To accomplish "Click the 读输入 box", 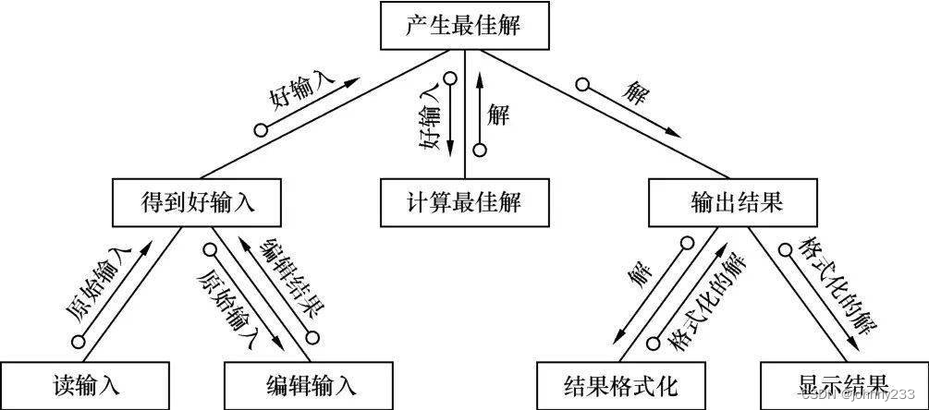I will [86, 383].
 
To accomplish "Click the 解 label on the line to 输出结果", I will [633, 92].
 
